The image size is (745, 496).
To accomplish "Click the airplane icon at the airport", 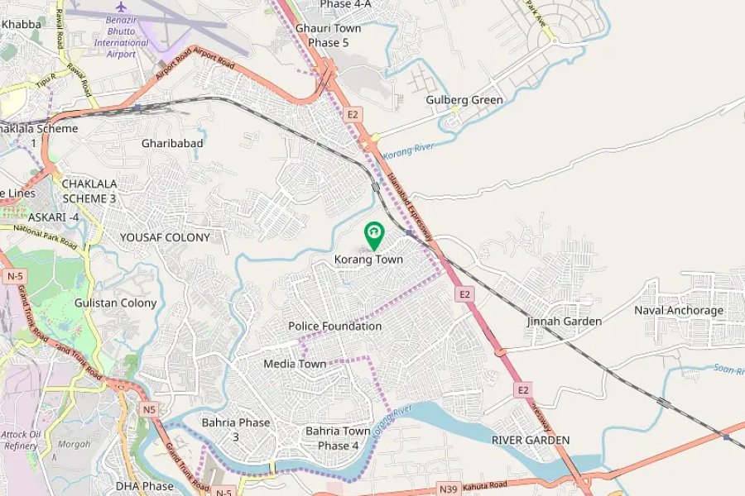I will pyautogui.click(x=121, y=7).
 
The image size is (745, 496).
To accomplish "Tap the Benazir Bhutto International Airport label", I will pyautogui.click(x=121, y=37).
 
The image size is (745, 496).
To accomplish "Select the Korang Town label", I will pyautogui.click(x=368, y=260).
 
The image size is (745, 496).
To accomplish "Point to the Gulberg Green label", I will pyautogui.click(x=464, y=100).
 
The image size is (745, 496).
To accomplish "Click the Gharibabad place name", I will pyautogui.click(x=172, y=143).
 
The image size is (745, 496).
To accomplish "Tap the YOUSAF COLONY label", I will pyautogui.click(x=165, y=237).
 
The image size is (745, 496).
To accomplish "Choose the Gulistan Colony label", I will pyautogui.click(x=115, y=303).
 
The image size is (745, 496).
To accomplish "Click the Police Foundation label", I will pyautogui.click(x=335, y=327).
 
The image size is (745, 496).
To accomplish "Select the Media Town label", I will pyautogui.click(x=295, y=364).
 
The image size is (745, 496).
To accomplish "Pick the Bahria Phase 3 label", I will pyautogui.click(x=236, y=429).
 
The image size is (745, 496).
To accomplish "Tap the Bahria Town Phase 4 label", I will pyautogui.click(x=338, y=438).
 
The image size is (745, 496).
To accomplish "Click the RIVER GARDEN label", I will pyautogui.click(x=530, y=440).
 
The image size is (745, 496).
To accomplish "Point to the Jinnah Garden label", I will pyautogui.click(x=564, y=321).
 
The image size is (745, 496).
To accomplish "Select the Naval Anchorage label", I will pyautogui.click(x=679, y=311).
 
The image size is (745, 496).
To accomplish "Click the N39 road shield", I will pyautogui.click(x=449, y=489).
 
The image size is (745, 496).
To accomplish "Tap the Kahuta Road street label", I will pyautogui.click(x=487, y=488).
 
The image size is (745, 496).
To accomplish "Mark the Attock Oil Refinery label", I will pyautogui.click(x=20, y=439).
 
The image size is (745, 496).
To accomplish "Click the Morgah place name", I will pyautogui.click(x=74, y=444).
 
